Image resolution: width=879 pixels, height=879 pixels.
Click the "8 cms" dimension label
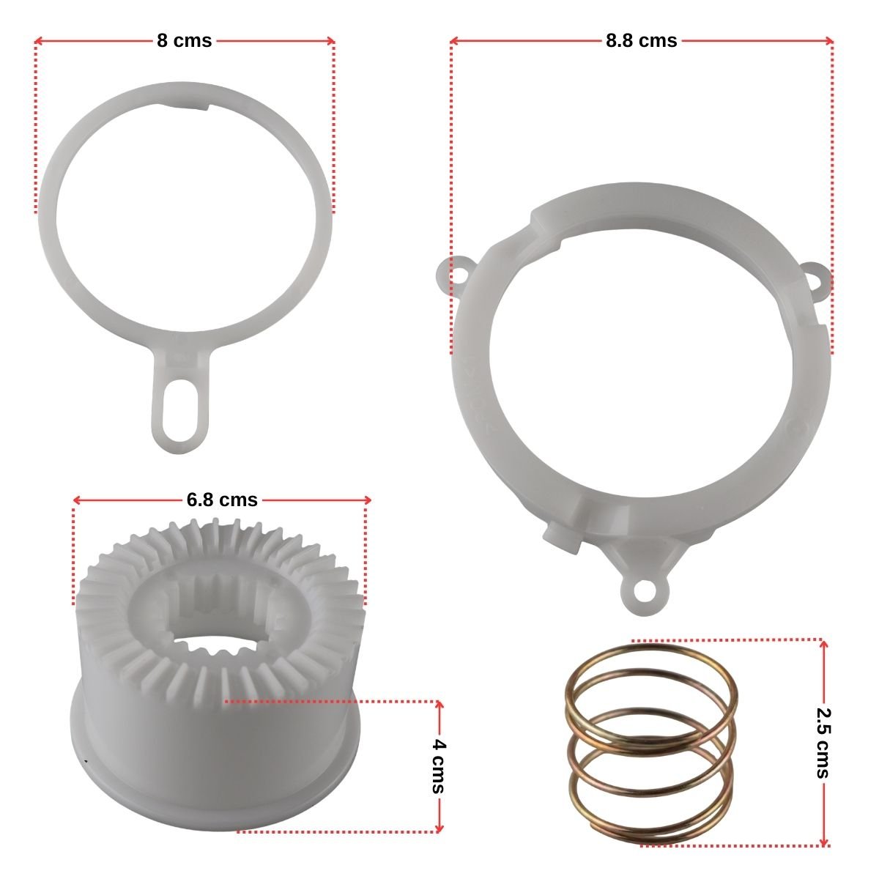click(185, 41)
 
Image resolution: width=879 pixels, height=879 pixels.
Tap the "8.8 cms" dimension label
click(641, 41)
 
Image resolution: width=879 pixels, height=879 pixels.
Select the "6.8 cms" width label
click(222, 500)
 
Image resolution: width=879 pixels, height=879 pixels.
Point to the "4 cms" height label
click(439, 766)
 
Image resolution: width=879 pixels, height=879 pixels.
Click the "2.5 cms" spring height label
click(824, 743)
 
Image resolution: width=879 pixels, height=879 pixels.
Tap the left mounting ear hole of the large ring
click(456, 276)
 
